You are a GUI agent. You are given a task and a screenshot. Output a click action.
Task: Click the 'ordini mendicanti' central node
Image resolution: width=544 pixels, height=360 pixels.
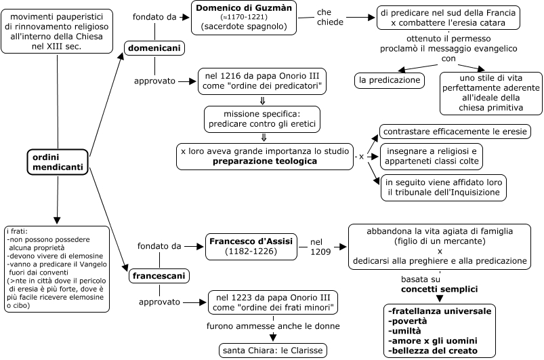58,161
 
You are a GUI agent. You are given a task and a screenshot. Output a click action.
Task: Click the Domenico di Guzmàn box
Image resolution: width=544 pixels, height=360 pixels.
249,18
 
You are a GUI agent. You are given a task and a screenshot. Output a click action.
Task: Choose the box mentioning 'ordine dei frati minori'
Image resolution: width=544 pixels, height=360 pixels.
273,302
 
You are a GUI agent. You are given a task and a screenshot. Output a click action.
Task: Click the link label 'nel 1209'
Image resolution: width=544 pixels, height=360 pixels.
320,246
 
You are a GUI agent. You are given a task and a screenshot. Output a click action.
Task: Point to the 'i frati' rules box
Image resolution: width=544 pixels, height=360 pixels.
57,268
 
